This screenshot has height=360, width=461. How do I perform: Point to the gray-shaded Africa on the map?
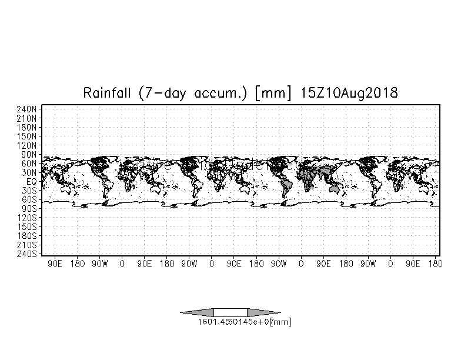[306, 176]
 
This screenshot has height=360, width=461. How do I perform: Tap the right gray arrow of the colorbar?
[263, 312]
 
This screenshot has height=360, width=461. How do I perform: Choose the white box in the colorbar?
[230, 312]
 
